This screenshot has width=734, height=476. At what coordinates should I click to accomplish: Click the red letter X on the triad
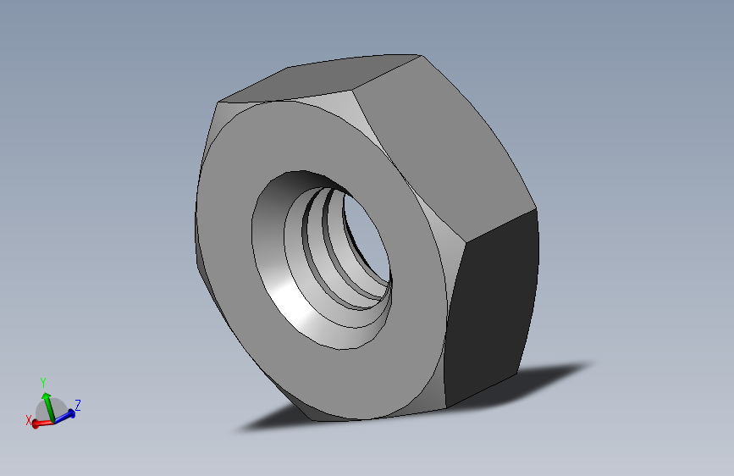click(x=29, y=419)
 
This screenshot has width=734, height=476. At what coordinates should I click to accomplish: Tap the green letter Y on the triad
click(x=43, y=382)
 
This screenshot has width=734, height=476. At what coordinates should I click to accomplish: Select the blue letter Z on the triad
click(x=77, y=405)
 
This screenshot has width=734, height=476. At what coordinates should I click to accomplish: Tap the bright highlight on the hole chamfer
click(x=288, y=296)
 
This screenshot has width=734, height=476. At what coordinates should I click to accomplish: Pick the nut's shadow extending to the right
click(x=550, y=373)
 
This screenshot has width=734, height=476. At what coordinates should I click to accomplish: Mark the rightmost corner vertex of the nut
click(x=538, y=209)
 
